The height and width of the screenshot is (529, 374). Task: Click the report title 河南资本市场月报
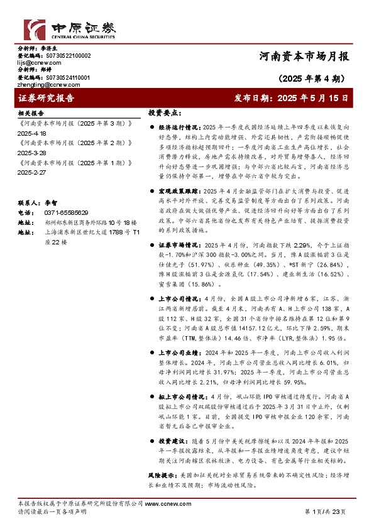coord(304,56)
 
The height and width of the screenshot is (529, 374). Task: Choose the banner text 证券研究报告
coord(47,99)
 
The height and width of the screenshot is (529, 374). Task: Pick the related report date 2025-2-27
coord(33,172)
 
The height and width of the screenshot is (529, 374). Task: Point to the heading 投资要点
coord(164,114)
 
